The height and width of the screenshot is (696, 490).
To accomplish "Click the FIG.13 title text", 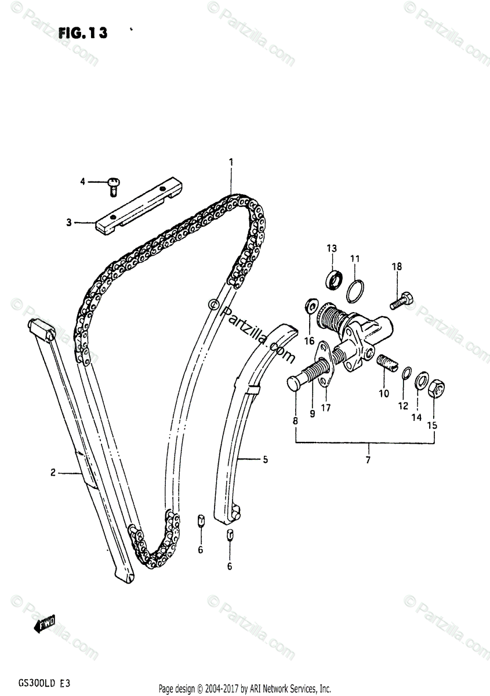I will point(82,33).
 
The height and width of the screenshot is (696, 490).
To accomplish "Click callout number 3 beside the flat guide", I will point(68,222).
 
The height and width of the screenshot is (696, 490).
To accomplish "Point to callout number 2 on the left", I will point(53,473).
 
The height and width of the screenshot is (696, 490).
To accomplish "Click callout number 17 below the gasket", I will point(326,408).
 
